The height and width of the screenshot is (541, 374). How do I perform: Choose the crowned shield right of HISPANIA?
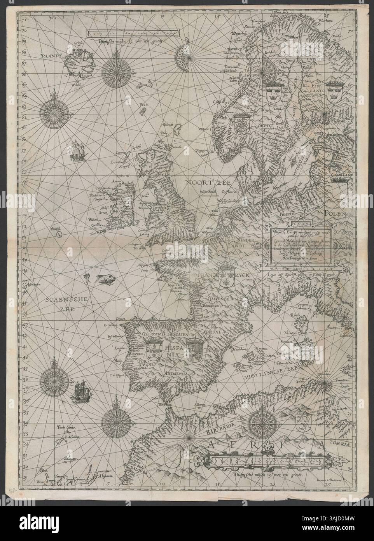pos(194,345)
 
